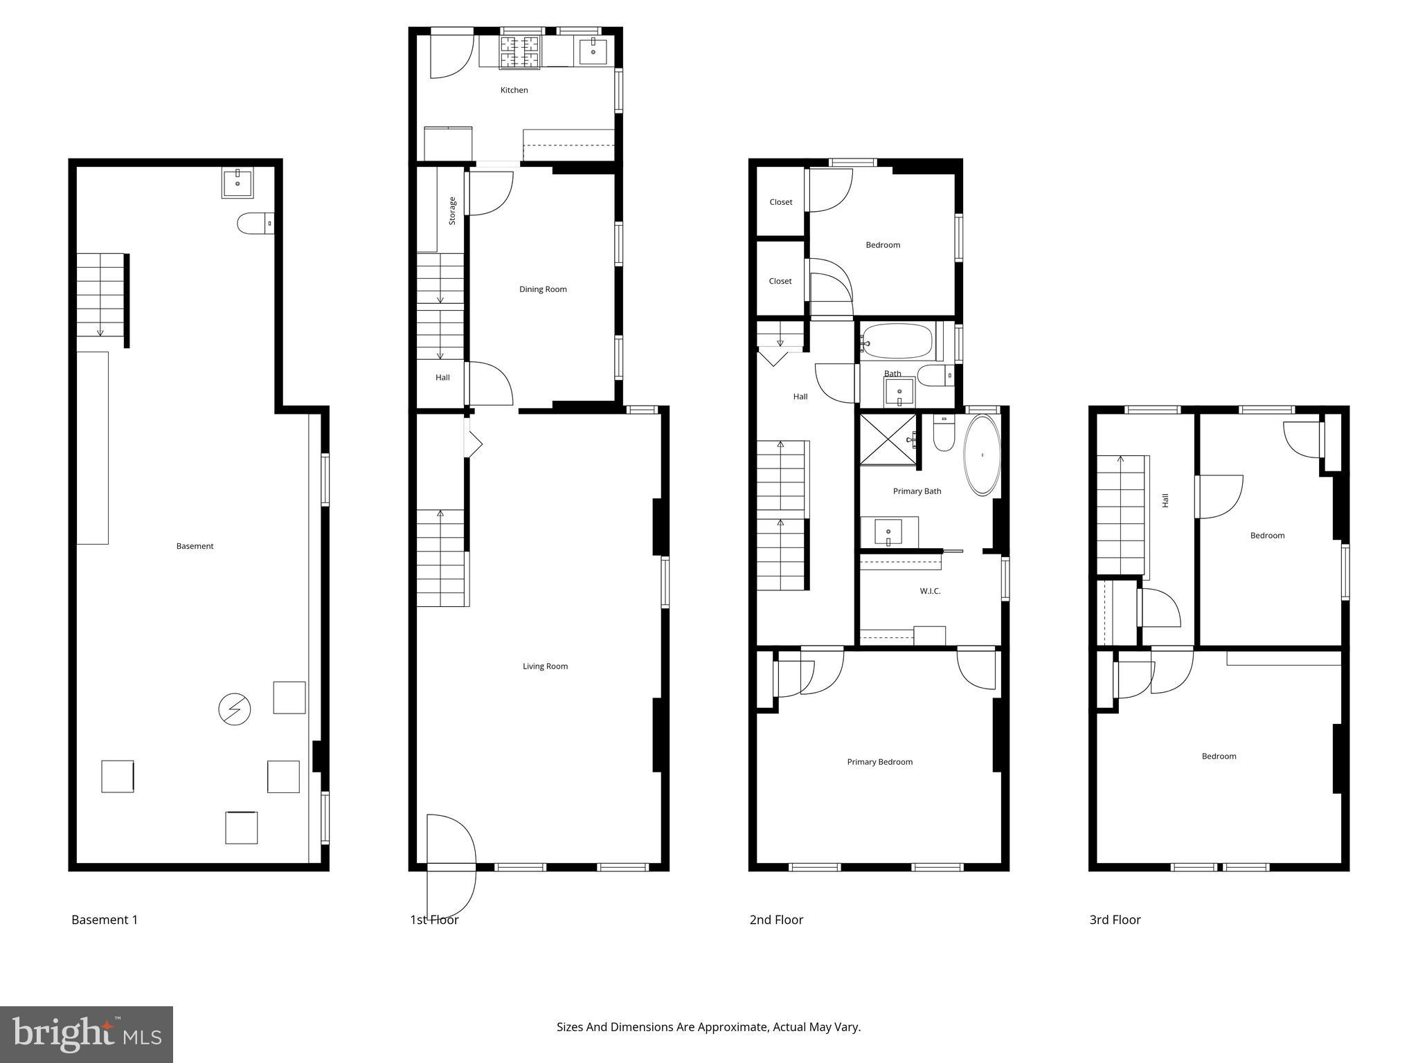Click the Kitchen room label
tap(514, 90)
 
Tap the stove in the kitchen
tap(519, 53)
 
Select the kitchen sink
tap(593, 51)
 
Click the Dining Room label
tap(543, 289)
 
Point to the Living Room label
tap(545, 666)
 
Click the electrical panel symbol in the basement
tap(234, 709)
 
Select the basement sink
tap(237, 183)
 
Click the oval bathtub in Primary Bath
tap(982, 455)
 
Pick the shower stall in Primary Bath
tap(888, 439)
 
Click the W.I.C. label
tap(930, 591)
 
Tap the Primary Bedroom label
tap(879, 762)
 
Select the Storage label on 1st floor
tap(452, 210)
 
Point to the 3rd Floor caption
tap(1115, 920)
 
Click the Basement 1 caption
tap(105, 920)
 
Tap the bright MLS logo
tap(87, 1034)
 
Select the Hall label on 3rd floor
tap(1165, 500)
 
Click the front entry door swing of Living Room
tap(450, 865)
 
